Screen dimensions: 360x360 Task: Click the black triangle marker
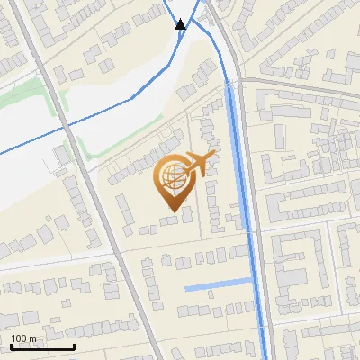[x=181, y=24]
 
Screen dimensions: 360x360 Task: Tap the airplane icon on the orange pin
[x=199, y=164]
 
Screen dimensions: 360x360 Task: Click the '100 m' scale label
[x=23, y=338]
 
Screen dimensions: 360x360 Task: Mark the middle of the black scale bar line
[x=42, y=346]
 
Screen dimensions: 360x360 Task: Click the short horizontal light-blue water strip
[x=216, y=287]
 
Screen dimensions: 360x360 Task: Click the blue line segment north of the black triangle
[x=171, y=9]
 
